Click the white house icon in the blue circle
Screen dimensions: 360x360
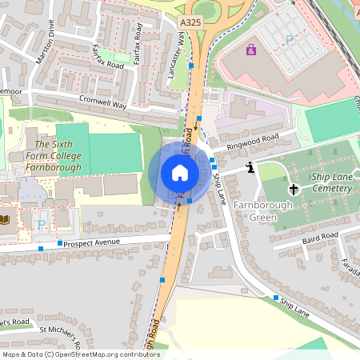[179, 173]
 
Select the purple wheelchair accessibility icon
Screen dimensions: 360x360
[251, 51]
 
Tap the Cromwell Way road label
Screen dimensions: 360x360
[102, 102]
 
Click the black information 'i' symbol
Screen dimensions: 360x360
[251, 167]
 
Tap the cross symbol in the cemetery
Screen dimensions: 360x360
[294, 190]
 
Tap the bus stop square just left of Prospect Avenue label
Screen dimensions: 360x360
[60, 243]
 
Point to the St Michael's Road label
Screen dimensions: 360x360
[60, 333]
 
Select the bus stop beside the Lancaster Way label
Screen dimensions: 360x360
[191, 66]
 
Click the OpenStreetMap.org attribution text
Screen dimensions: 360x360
[101, 354]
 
